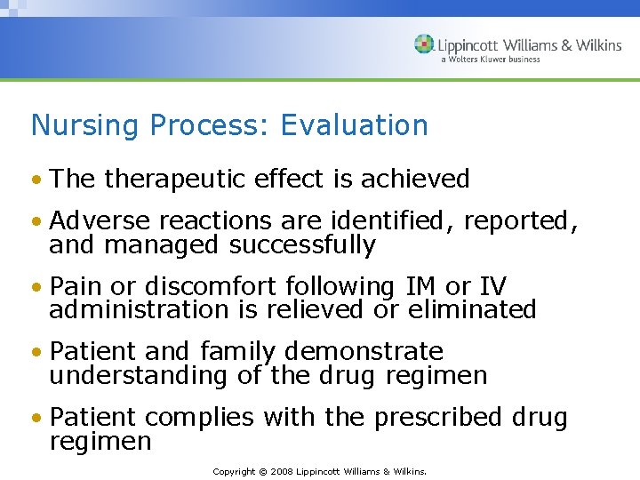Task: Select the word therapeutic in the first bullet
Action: pyautogui.click(x=175, y=179)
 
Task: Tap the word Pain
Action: pyautogui.click(x=77, y=286)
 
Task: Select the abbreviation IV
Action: pyautogui.click(x=492, y=286)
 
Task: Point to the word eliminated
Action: pyautogui.click(x=472, y=309)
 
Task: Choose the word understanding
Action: pyautogui.click(x=139, y=375)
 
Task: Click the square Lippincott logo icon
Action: pyautogui.click(x=424, y=44)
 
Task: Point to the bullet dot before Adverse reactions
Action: pyautogui.click(x=36, y=221)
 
